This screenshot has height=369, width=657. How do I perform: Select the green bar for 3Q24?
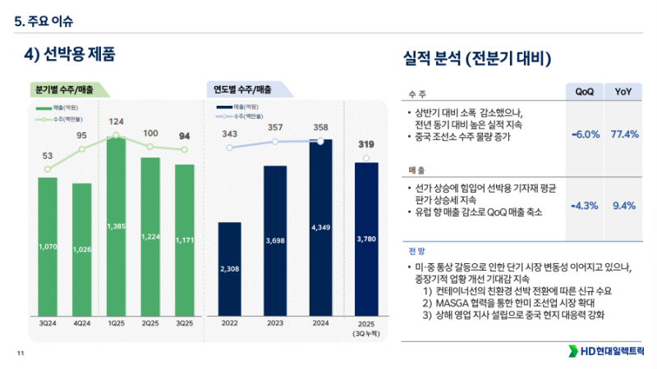click(48, 246)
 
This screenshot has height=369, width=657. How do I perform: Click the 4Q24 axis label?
click(81, 324)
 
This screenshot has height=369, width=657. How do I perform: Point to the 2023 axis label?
click(275, 324)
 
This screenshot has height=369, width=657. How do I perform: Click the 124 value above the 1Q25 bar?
click(116, 122)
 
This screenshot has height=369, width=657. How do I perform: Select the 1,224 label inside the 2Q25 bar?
click(150, 236)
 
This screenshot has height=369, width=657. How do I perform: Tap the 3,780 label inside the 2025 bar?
click(366, 239)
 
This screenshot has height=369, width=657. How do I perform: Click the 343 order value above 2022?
click(230, 134)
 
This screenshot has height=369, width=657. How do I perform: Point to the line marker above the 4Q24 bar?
click(82, 149)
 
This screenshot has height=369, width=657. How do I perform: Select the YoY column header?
click(623, 91)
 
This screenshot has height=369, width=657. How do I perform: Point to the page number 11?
click(21, 353)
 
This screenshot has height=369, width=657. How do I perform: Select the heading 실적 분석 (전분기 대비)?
click(476, 59)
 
